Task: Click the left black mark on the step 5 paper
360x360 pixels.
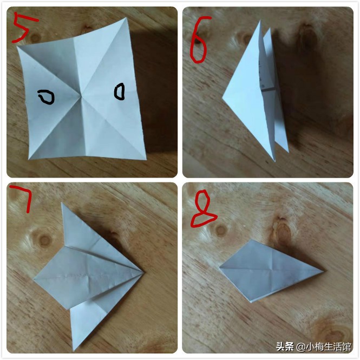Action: click(46, 97)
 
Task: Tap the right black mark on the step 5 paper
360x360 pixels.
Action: click(120, 91)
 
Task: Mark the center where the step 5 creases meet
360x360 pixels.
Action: click(82, 97)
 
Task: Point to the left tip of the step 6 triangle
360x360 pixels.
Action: click(222, 98)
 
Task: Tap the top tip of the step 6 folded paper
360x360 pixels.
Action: click(260, 22)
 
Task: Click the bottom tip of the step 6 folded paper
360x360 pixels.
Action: click(274, 160)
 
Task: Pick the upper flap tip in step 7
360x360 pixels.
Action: click(64, 204)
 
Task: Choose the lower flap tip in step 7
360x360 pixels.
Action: click(74, 350)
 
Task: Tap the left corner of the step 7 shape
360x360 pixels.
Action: click(34, 279)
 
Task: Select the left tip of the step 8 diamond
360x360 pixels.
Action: click(220, 267)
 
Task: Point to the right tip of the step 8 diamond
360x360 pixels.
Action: click(324, 270)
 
